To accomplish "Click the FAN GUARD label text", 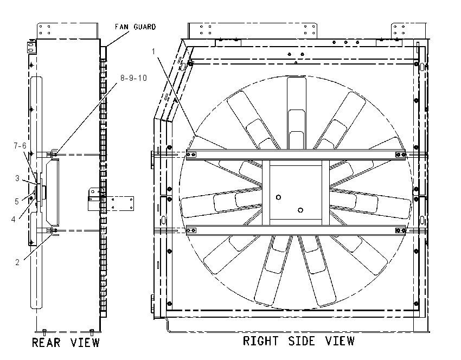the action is coord(135,27).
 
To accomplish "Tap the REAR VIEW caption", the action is coord(66,343).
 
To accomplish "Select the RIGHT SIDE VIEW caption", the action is coord(299,341).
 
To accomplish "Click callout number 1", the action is coord(153,52).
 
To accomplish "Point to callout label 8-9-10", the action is coord(133,78).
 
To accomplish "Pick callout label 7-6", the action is coord(20,145).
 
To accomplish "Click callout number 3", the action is coord(17,178).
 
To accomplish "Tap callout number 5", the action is coord(17,201).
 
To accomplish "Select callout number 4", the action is coord(13,219).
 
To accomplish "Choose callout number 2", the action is coord(17,262).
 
